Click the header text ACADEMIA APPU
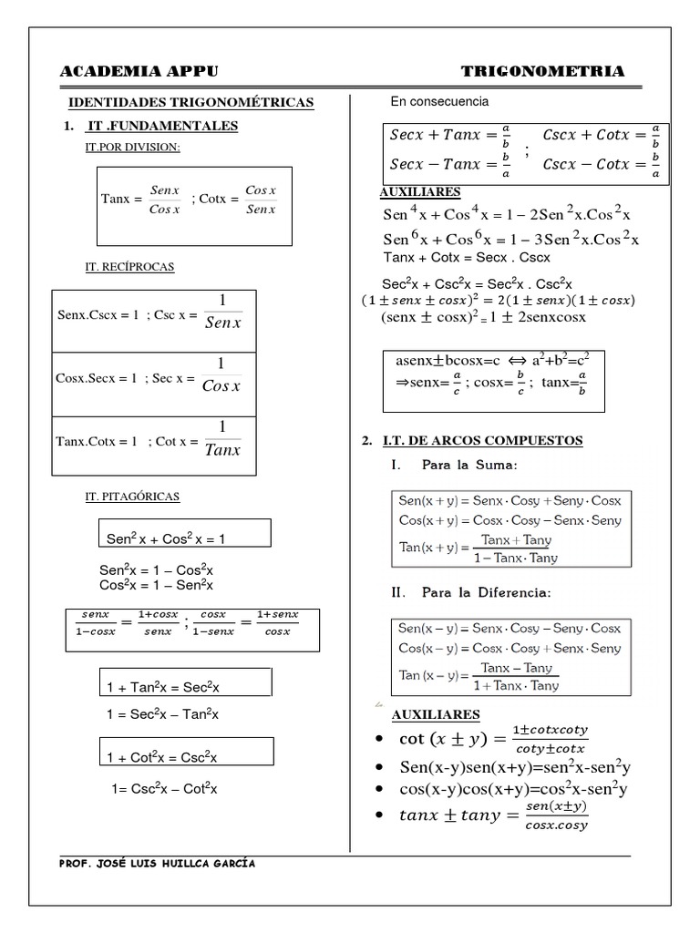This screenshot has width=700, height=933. [139, 72]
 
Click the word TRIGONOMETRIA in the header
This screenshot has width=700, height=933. [542, 72]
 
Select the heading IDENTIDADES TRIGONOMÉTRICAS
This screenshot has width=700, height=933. [191, 103]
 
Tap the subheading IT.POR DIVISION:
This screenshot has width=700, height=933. [132, 148]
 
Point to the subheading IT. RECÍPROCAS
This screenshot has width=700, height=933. [129, 267]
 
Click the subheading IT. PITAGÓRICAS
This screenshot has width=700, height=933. [132, 497]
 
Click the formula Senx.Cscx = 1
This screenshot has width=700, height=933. [98, 315]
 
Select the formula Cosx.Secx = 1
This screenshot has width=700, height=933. [98, 378]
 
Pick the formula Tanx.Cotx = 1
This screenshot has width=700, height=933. [97, 441]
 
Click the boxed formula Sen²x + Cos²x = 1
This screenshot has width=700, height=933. [167, 538]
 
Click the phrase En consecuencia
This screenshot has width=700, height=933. [439, 101]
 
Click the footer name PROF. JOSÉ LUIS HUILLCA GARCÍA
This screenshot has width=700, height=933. [157, 864]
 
